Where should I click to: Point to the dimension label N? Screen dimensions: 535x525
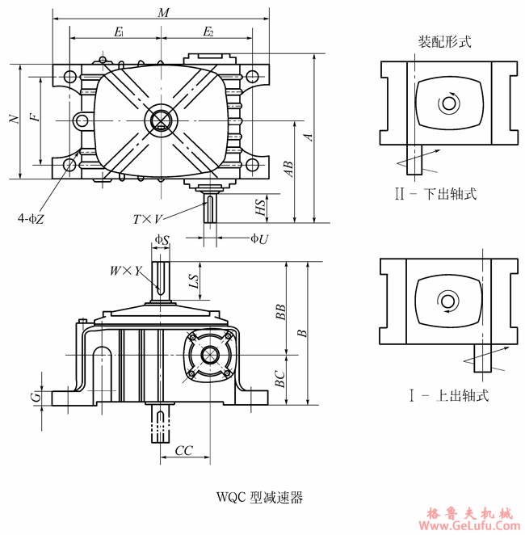tap(13, 120)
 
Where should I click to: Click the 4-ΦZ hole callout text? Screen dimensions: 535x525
tap(31, 217)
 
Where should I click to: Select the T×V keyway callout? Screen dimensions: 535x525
tap(149, 218)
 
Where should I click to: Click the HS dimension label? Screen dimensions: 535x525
tap(260, 207)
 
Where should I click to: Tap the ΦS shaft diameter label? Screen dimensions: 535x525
tap(162, 240)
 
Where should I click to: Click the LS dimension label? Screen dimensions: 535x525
tap(193, 281)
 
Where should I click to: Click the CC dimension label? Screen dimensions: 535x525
tap(183, 449)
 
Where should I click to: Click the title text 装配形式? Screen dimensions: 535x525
tap(445, 40)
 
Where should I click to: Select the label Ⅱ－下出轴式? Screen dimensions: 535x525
tap(443, 194)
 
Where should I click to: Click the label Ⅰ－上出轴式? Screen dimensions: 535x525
tap(449, 396)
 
